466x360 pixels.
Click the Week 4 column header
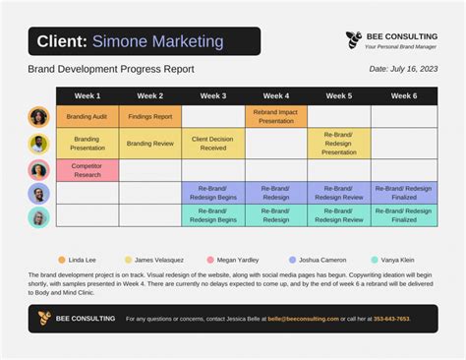[276, 96]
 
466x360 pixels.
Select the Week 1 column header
[87, 96]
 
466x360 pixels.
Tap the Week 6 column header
[403, 96]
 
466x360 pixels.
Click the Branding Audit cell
[87, 117]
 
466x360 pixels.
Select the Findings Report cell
[150, 117]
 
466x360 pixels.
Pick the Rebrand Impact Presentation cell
[276, 117]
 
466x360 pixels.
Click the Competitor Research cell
[87, 170]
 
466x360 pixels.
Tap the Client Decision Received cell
[213, 144]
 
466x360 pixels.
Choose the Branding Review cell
[150, 144]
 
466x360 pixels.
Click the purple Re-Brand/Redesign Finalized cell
[403, 193]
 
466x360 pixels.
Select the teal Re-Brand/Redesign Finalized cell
[403, 215]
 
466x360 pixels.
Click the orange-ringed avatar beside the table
[39, 117]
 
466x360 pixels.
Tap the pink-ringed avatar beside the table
[39, 170]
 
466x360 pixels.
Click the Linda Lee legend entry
[78, 260]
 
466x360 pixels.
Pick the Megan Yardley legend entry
[233, 260]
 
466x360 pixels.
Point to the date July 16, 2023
[403, 69]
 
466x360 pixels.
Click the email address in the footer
[305, 319]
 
